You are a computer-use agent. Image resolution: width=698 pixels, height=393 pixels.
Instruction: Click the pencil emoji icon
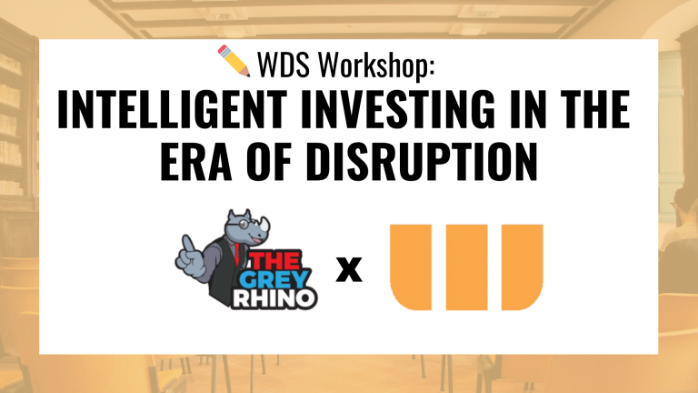(x=234, y=61)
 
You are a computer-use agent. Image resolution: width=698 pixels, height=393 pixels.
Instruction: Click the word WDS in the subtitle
(x=284, y=65)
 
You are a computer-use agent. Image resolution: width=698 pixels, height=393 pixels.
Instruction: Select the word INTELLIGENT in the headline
(x=173, y=109)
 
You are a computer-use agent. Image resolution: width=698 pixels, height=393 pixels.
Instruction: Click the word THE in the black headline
(x=594, y=109)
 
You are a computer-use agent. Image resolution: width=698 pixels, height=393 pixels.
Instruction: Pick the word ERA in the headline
(x=196, y=161)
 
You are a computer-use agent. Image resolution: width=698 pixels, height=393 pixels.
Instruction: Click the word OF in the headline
(x=269, y=161)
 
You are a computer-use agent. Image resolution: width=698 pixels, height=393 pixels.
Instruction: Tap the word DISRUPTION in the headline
(x=422, y=161)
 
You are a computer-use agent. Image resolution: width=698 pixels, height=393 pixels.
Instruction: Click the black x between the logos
(x=349, y=269)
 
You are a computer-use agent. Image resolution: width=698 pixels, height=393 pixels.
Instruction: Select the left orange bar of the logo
(x=411, y=267)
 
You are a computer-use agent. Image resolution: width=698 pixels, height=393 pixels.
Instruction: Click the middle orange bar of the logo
(x=466, y=267)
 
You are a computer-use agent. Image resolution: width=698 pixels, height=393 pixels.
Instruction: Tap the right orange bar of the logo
(x=523, y=267)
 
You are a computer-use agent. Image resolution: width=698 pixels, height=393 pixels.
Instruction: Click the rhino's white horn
(x=265, y=224)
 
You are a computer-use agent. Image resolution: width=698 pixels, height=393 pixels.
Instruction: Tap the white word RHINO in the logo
(x=274, y=298)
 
